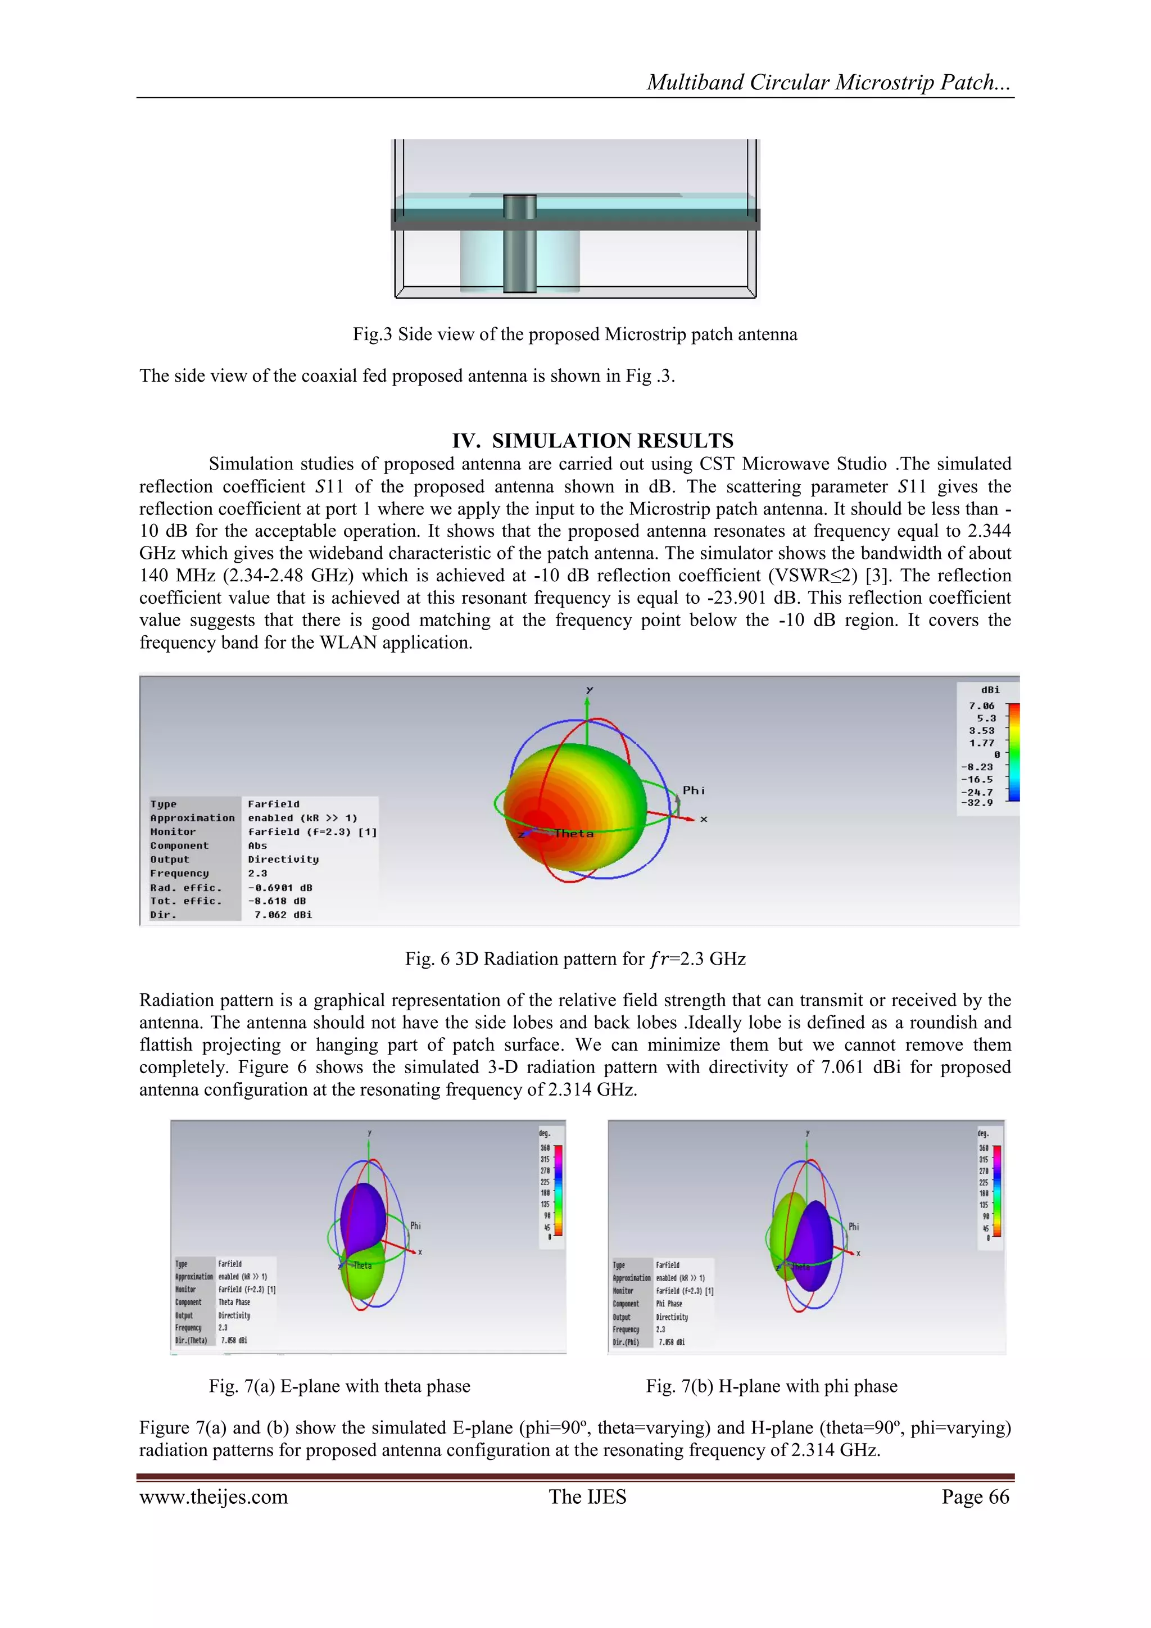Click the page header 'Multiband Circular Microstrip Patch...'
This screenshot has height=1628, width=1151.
tap(828, 82)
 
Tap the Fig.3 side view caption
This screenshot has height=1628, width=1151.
tap(575, 334)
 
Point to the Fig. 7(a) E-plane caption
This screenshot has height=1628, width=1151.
tap(339, 1386)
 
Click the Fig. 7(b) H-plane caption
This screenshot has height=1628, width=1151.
tap(771, 1386)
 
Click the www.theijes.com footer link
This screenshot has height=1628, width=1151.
tap(214, 1497)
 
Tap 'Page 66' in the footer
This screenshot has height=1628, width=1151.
tap(975, 1497)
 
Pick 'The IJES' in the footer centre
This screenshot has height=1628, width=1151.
tap(587, 1497)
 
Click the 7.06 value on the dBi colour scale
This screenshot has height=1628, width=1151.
tap(982, 706)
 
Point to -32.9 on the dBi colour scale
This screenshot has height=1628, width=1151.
tap(977, 803)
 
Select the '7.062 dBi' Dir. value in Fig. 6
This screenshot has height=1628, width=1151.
tap(283, 915)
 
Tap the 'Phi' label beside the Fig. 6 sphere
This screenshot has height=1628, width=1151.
tap(693, 790)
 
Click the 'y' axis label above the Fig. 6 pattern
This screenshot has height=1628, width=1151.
tap(590, 689)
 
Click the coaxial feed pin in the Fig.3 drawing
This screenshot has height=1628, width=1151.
tap(519, 245)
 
